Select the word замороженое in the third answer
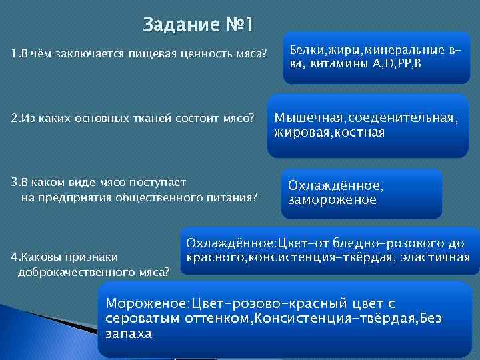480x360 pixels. click(x=332, y=199)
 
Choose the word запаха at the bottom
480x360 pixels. click(x=128, y=333)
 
